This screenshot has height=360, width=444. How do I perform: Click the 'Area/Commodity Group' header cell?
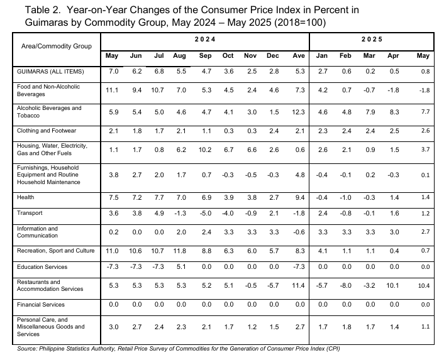[x=57, y=46]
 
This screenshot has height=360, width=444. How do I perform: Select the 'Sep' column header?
[x=205, y=56]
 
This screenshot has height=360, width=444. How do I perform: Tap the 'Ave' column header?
[x=299, y=56]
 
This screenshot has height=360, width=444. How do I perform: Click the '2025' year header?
[x=372, y=40]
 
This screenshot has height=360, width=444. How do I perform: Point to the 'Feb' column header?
[x=345, y=56]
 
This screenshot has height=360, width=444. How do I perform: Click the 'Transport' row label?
[x=30, y=213]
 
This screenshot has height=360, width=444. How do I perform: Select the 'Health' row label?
[x=26, y=197]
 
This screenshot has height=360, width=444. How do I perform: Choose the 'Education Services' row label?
[x=42, y=267]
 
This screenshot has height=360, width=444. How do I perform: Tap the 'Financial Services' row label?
[x=41, y=305]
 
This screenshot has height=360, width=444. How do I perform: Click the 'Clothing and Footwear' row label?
[x=47, y=131]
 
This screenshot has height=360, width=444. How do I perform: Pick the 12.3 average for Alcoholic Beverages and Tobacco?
[x=299, y=112]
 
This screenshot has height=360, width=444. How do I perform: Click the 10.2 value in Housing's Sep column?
[x=205, y=150]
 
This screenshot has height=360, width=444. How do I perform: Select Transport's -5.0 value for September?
[x=206, y=213]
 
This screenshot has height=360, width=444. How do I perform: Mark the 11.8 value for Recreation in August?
[x=179, y=251]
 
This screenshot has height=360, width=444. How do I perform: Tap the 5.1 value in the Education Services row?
[x=181, y=267]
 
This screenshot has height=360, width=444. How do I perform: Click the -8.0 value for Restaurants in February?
[x=345, y=286]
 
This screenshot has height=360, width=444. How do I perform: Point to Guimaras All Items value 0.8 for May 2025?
[x=425, y=72]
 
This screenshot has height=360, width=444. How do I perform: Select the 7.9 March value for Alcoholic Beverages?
[x=370, y=112]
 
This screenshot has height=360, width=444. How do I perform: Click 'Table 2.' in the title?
[x=43, y=10]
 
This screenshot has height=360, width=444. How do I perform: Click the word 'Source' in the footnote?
[x=27, y=349]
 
